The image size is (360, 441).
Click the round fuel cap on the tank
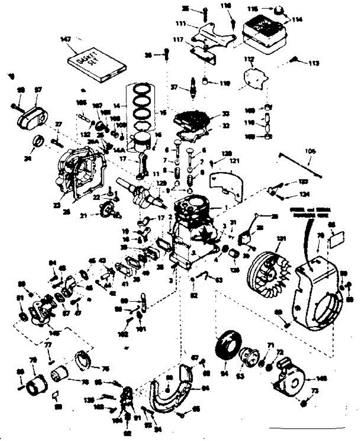(x=278, y=10)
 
